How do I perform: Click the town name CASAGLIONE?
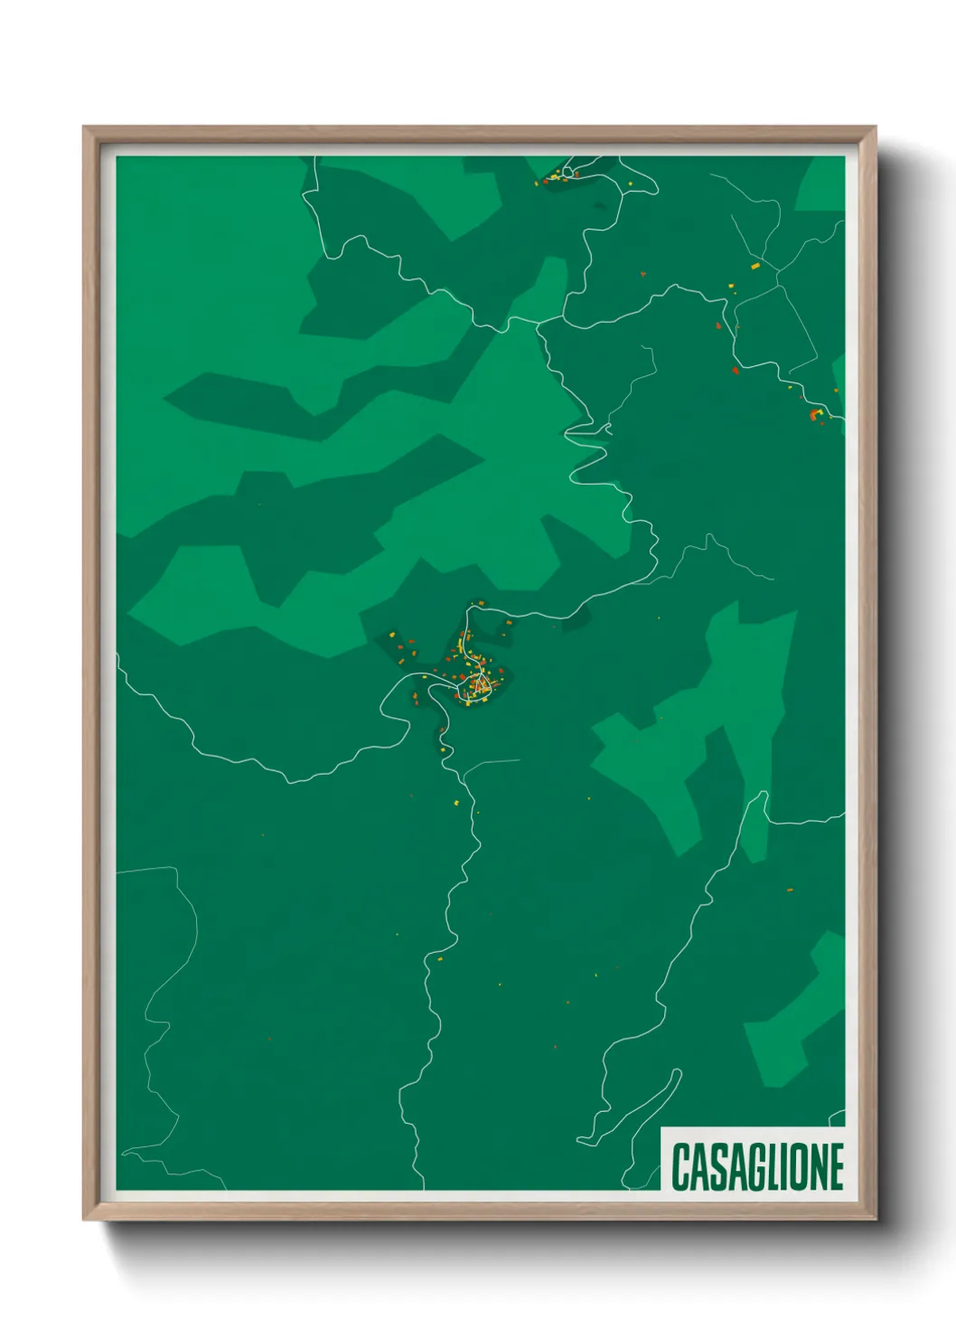point(757,1166)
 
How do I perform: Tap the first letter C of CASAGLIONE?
point(680,1166)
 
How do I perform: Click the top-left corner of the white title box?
point(661,1127)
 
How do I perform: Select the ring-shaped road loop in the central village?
point(478,686)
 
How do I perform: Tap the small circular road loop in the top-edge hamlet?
point(569,171)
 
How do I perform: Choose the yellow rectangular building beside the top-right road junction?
point(755,266)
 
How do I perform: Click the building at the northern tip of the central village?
point(480,603)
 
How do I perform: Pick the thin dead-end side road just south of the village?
point(492,764)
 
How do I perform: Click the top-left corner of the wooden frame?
point(84,127)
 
